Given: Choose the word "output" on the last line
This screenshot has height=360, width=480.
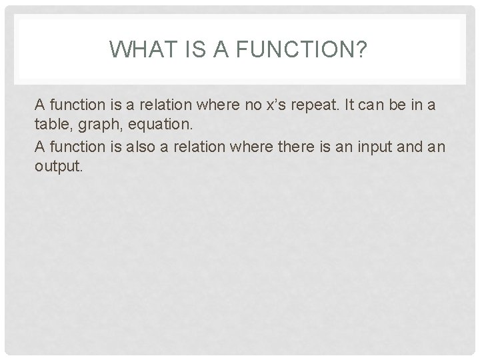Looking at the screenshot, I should (58, 166).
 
